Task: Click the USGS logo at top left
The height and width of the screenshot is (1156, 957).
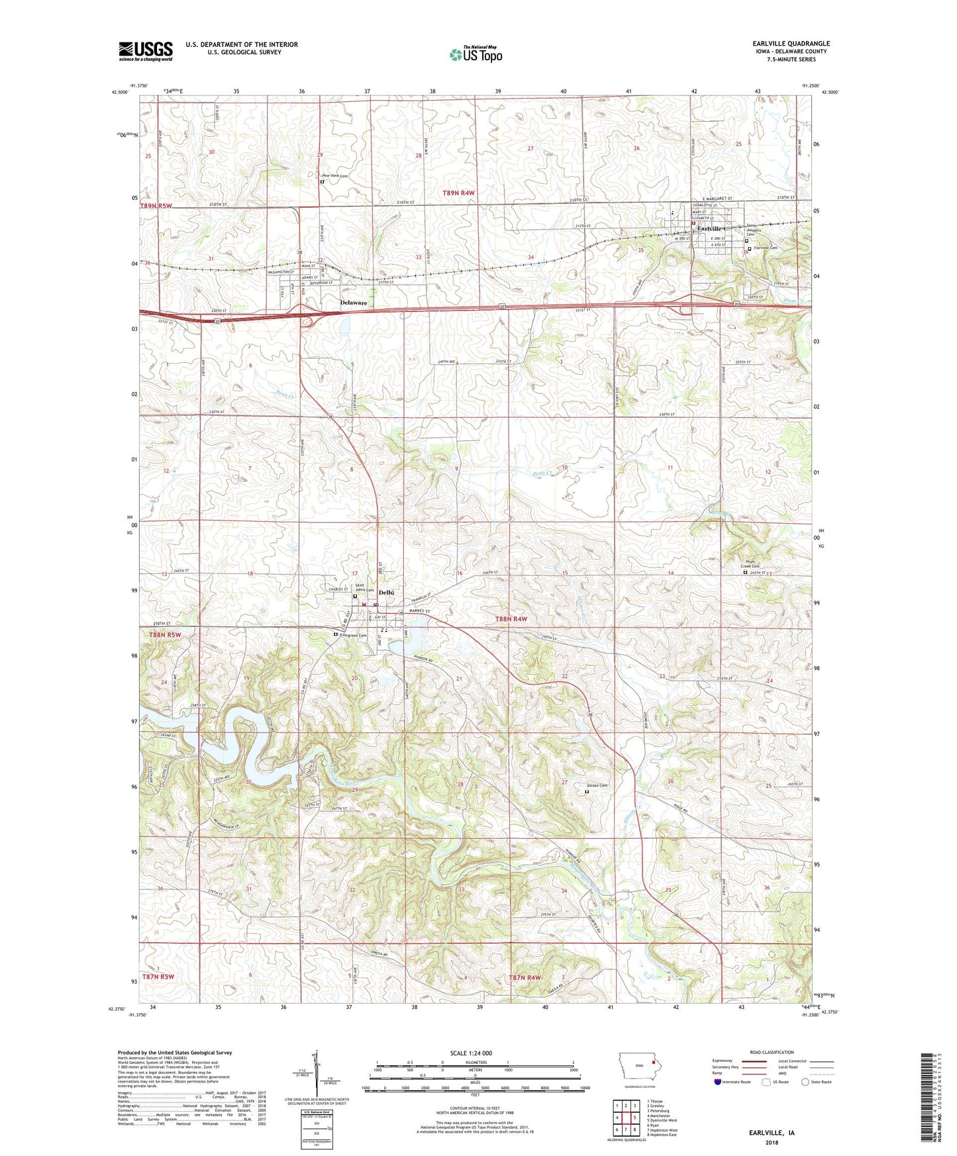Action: pyautogui.click(x=146, y=51)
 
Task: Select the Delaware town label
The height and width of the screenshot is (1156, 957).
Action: pyautogui.click(x=354, y=303)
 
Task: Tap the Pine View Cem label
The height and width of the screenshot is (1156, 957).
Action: pyautogui.click(x=334, y=176)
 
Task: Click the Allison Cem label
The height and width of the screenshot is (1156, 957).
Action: pyautogui.click(x=597, y=785)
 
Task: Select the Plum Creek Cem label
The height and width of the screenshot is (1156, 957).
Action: pyautogui.click(x=750, y=563)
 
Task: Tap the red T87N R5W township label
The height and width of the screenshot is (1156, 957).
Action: pyautogui.click(x=158, y=977)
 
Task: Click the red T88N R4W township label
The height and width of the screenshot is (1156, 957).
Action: pyautogui.click(x=511, y=618)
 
